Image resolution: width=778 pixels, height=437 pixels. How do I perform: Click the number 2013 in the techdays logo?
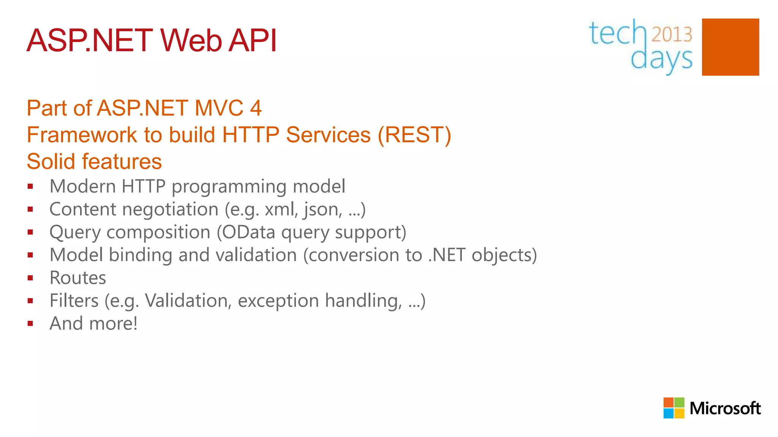tap(672, 35)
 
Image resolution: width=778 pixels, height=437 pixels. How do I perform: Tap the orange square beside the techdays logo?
tap(730, 47)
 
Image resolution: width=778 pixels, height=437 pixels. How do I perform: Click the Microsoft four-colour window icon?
tap(674, 408)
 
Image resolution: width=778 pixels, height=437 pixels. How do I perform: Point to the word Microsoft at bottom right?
tap(725, 409)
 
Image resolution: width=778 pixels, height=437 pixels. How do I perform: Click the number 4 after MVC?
tap(256, 108)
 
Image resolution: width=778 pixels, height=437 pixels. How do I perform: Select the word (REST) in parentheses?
tap(414, 135)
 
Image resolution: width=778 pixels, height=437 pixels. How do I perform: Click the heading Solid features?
tap(94, 162)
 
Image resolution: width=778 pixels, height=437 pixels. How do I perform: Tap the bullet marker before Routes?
tap(30, 278)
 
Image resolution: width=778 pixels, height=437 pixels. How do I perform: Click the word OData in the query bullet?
tap(248, 232)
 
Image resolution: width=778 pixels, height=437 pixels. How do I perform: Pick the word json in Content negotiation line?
tap(322, 209)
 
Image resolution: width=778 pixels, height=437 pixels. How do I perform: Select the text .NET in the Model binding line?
tap(447, 255)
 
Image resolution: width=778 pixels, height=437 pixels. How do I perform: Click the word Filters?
tap(74, 301)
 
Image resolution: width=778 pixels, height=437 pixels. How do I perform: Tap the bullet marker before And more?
tap(30, 324)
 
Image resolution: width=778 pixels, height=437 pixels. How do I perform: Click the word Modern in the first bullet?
tap(82, 187)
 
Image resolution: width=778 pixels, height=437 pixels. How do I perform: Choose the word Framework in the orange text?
tap(82, 135)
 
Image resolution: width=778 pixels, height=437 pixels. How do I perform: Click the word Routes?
tap(78, 278)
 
